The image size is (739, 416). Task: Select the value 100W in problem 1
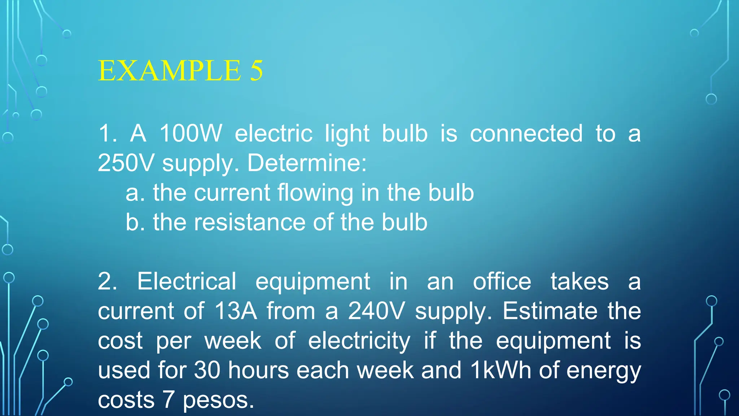click(x=191, y=133)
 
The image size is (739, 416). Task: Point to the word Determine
click(x=307, y=163)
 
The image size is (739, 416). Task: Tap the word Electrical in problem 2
click(x=187, y=281)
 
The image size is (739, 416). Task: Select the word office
click(x=502, y=281)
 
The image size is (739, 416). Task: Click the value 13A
click(x=235, y=311)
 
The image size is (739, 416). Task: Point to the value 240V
click(x=376, y=311)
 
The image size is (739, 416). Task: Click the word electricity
click(x=359, y=341)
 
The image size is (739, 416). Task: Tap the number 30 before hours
click(x=207, y=370)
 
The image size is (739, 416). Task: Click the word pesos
click(x=218, y=400)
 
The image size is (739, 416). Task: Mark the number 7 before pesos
click(x=169, y=400)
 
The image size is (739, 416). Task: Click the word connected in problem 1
click(x=526, y=133)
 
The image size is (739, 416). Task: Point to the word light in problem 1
click(x=347, y=133)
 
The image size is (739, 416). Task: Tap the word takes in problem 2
click(x=580, y=281)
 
